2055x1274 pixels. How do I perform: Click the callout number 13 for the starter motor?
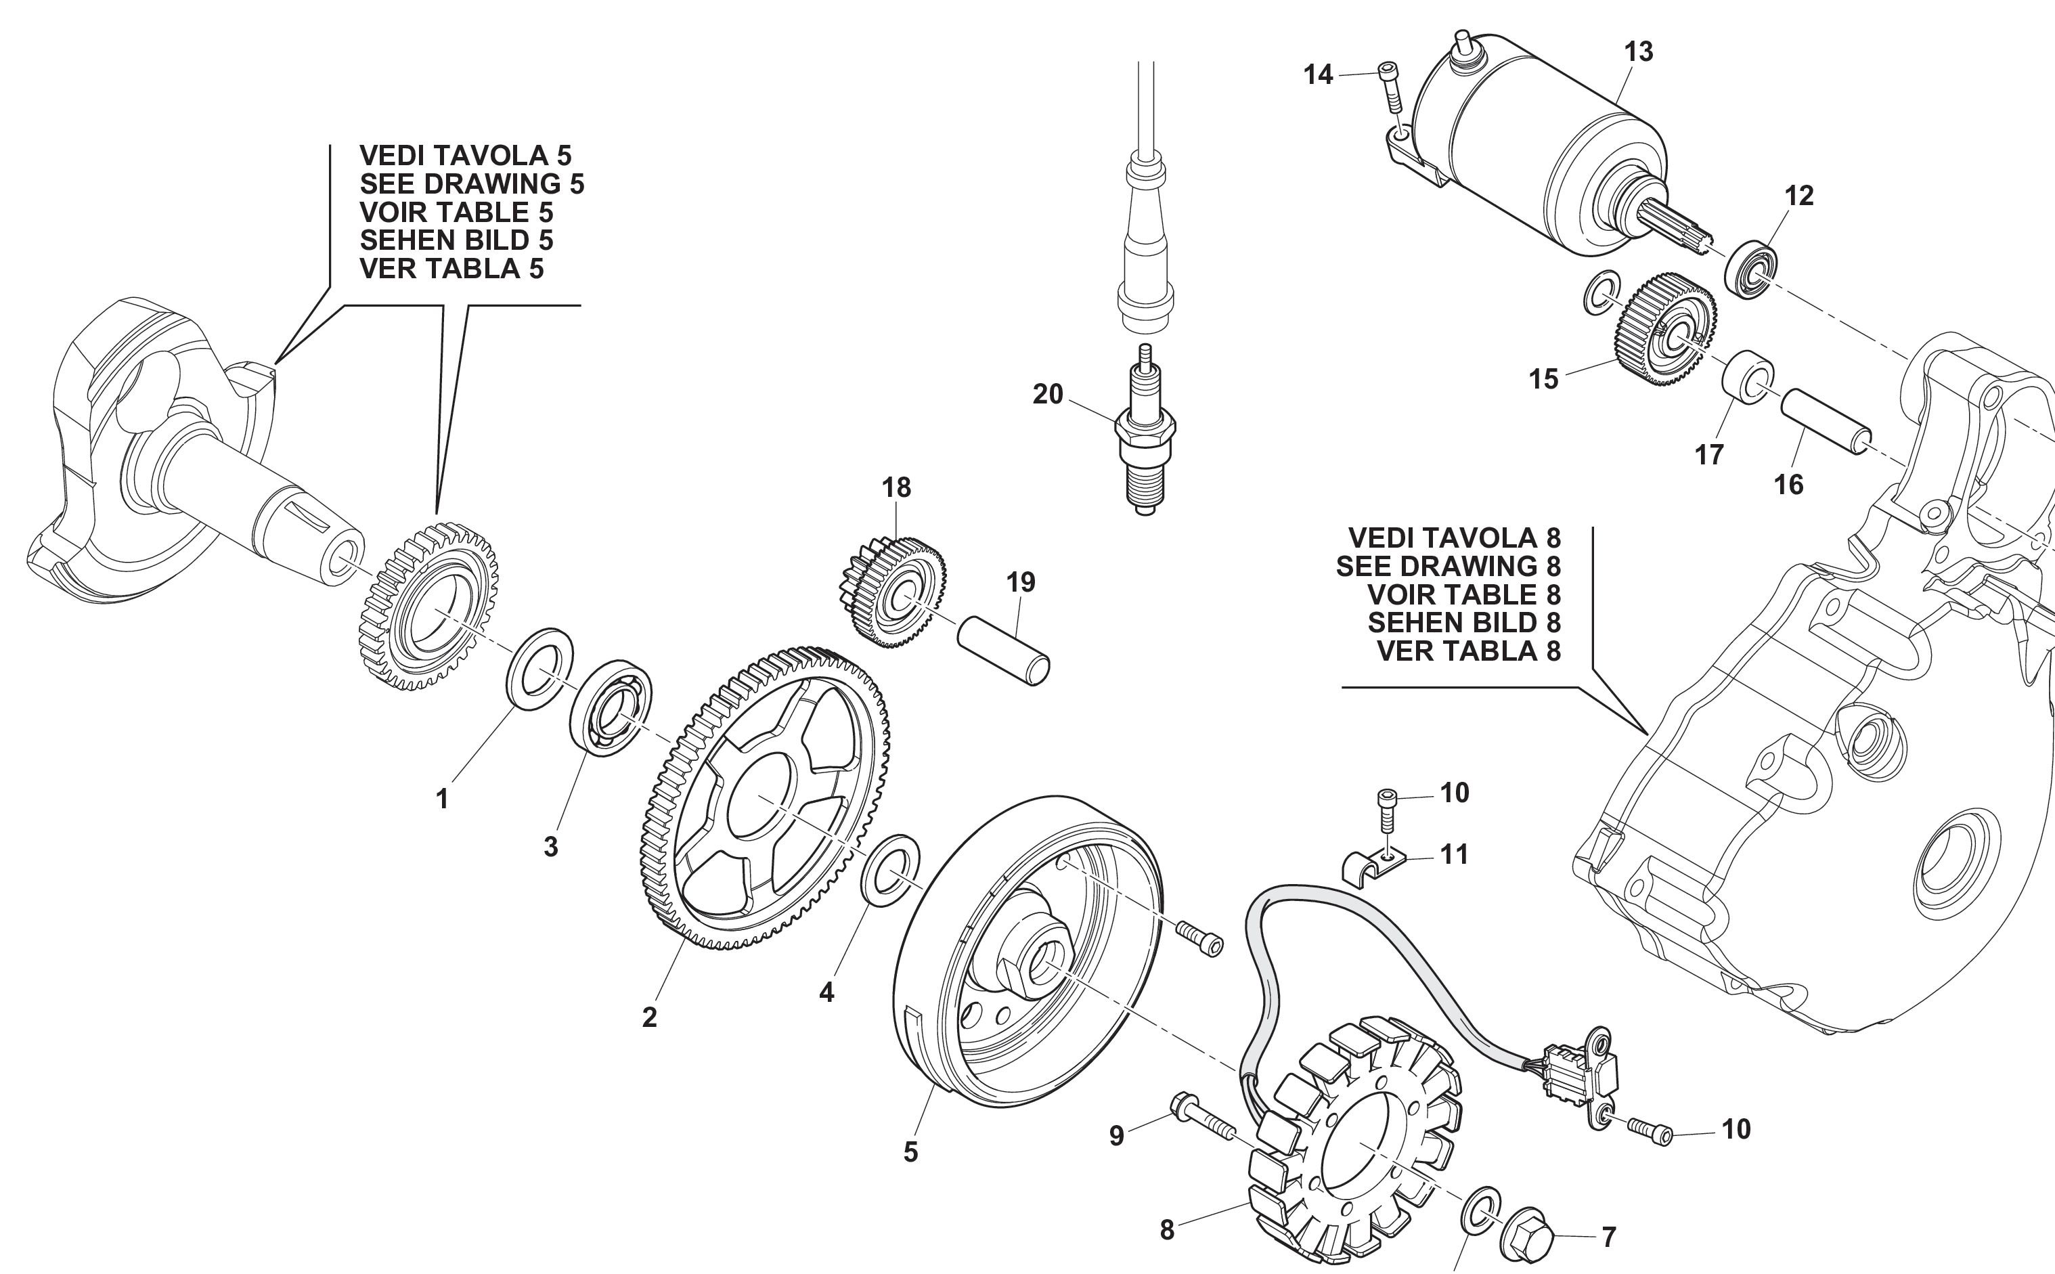coord(1638,52)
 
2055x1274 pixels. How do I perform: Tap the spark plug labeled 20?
coord(1145,438)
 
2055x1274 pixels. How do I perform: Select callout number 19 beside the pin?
coord(1020,582)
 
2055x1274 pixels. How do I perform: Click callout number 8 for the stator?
coord(1166,1230)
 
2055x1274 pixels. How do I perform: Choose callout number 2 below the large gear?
coord(648,1017)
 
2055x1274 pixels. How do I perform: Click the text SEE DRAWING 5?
coord(471,183)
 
